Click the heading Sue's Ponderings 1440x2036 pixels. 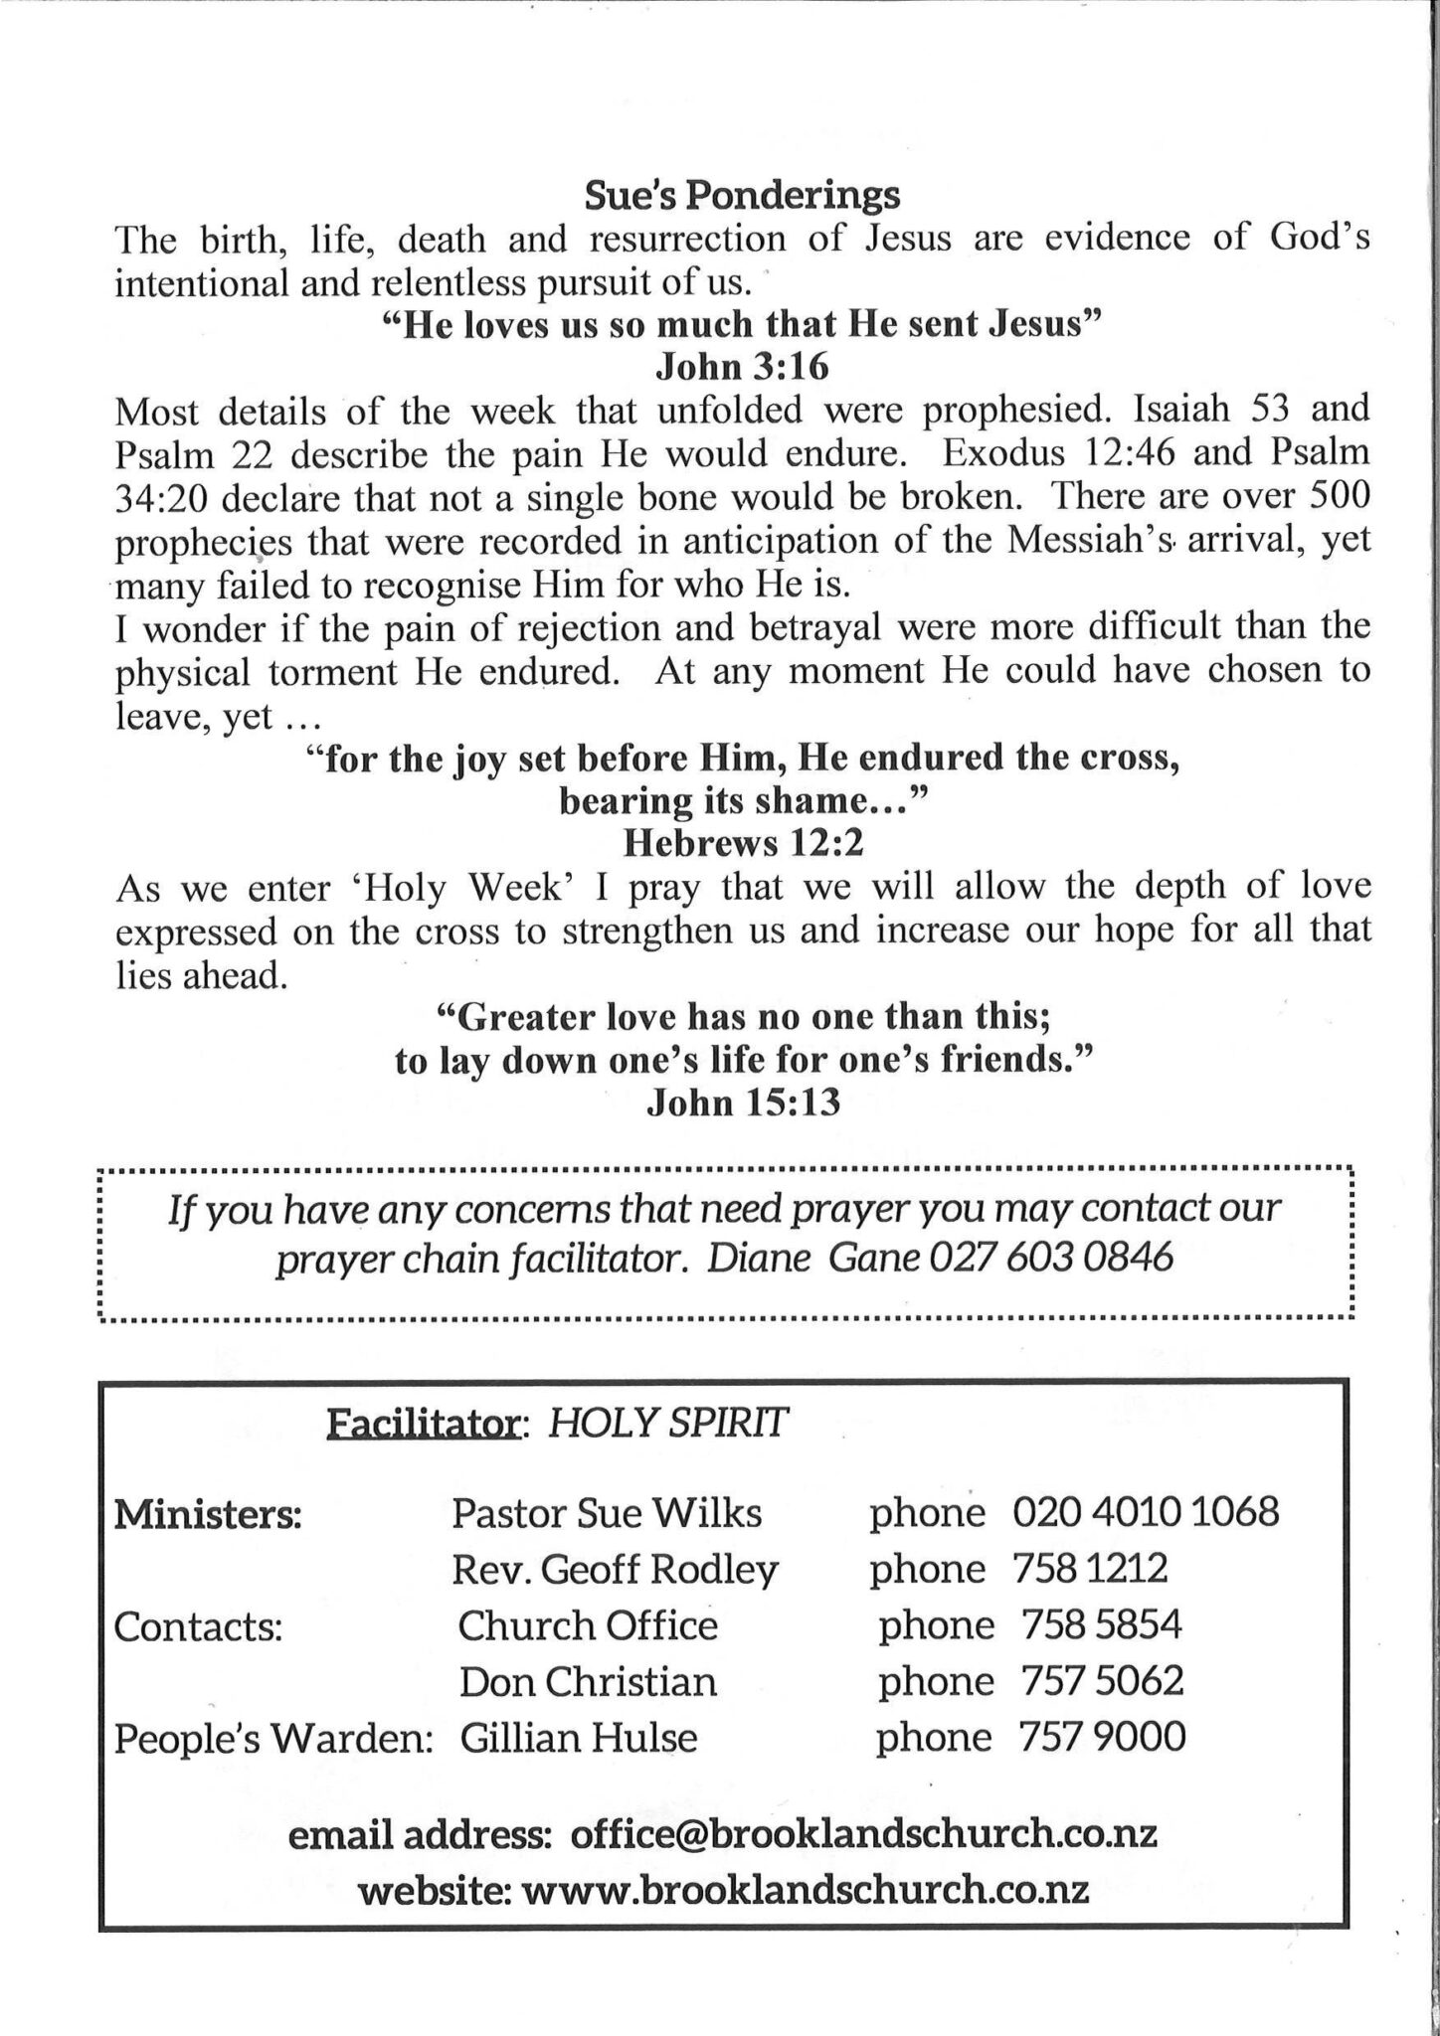[741, 195]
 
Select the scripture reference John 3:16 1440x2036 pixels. [741, 367]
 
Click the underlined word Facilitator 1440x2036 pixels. [426, 1426]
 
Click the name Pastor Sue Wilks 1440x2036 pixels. [607, 1513]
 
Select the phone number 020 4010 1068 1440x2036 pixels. [1146, 1512]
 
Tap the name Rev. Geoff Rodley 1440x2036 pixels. [615, 1569]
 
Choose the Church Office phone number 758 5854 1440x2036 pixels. [1101, 1625]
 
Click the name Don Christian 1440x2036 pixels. [587, 1681]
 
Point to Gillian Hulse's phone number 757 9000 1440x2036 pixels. [1102, 1738]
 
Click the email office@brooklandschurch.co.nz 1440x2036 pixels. [863, 1835]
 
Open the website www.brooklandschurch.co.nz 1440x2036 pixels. [805, 1888]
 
